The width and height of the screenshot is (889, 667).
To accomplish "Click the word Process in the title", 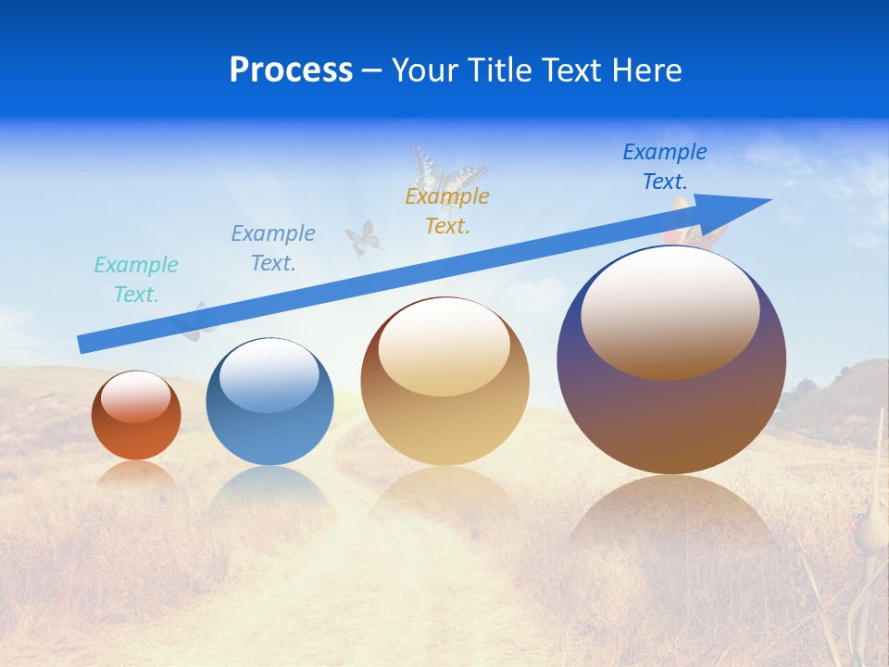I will tap(291, 70).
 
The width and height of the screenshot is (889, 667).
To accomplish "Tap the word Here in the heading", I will tap(647, 70).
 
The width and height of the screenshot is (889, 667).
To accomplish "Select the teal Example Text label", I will tap(136, 280).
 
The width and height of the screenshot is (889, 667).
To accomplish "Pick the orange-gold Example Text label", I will tap(447, 211).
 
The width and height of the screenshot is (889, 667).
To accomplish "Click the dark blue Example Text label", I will tap(665, 167).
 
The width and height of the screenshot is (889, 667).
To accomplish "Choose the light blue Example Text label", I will tap(273, 248).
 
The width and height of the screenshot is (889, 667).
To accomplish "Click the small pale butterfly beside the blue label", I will tap(363, 239).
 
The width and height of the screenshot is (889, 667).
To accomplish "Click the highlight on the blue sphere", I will tap(269, 375).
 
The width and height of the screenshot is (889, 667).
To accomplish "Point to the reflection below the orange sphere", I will tap(136, 474).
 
